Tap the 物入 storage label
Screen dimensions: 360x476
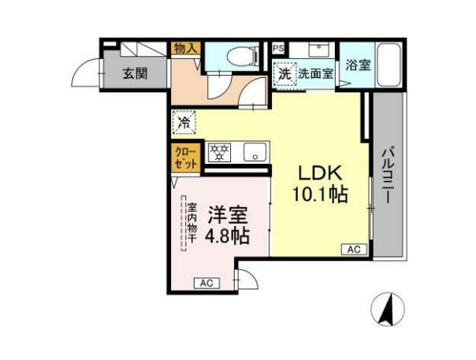click(187, 49)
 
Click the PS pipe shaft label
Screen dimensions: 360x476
click(277, 48)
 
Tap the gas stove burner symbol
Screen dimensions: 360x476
click(219, 151)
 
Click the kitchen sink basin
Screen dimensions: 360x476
click(255, 151)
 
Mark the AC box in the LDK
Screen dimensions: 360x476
click(354, 250)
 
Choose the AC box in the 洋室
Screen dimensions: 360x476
click(206, 283)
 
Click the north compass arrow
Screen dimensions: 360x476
click(387, 309)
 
